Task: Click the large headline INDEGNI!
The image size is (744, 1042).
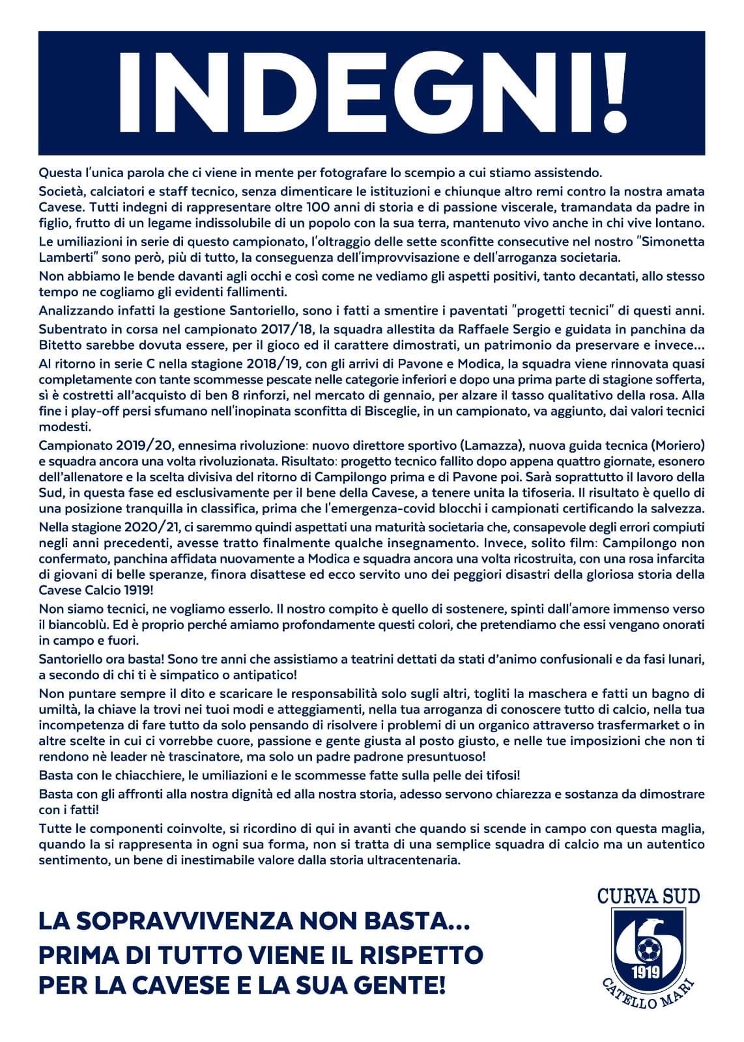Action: coord(371,92)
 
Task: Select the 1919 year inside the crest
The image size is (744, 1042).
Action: coord(646,972)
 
